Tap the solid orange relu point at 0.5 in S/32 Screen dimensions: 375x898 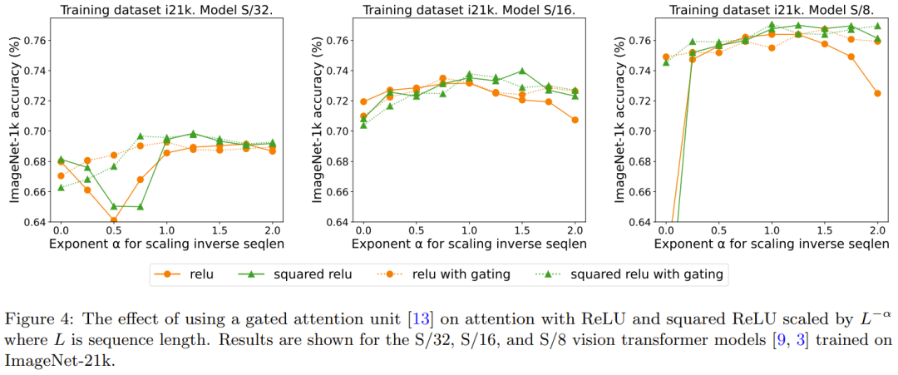click(x=113, y=220)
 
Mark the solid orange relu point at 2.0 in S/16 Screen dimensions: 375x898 click(x=575, y=120)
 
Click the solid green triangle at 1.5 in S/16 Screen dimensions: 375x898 click(x=521, y=72)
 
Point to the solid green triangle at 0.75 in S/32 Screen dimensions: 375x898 click(x=140, y=206)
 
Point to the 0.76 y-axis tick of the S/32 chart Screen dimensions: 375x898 click(x=37, y=40)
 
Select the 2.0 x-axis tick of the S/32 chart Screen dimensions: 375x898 click(x=272, y=229)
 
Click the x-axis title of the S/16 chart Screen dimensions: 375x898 click(x=468, y=244)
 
